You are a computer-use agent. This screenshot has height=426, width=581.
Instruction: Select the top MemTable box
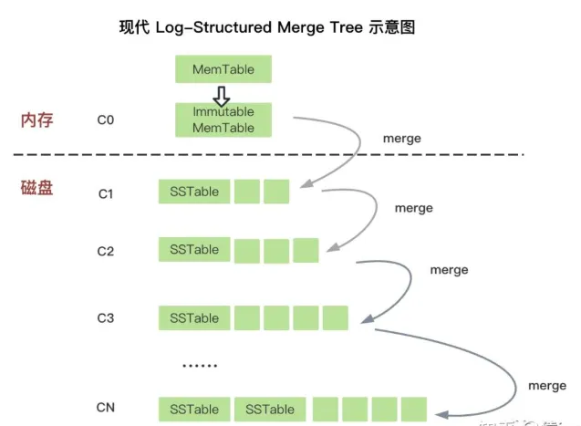click(x=223, y=69)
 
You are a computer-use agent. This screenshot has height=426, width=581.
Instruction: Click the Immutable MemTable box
click(x=223, y=119)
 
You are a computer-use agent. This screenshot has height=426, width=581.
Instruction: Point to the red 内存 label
click(x=39, y=119)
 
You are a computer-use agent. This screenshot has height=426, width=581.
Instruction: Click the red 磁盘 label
click(x=39, y=189)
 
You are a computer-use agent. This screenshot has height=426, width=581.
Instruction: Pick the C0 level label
click(x=106, y=119)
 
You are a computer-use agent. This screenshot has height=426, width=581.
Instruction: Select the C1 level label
click(x=106, y=193)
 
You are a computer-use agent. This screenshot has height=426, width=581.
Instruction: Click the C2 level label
click(x=106, y=251)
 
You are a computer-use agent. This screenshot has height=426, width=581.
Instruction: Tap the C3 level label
click(x=106, y=318)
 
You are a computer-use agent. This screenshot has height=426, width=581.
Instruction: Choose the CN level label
click(x=106, y=408)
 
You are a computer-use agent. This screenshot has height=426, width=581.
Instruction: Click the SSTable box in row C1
click(x=193, y=192)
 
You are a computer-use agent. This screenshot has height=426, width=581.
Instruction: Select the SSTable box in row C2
click(x=193, y=250)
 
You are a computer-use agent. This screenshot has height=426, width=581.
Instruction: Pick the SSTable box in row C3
click(x=193, y=317)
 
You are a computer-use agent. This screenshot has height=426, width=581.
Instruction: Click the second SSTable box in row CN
click(x=269, y=409)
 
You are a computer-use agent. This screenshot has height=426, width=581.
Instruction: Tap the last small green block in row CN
click(x=413, y=409)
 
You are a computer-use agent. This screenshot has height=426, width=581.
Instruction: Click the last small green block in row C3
click(x=336, y=317)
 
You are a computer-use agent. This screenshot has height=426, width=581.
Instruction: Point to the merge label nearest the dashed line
click(x=402, y=138)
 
